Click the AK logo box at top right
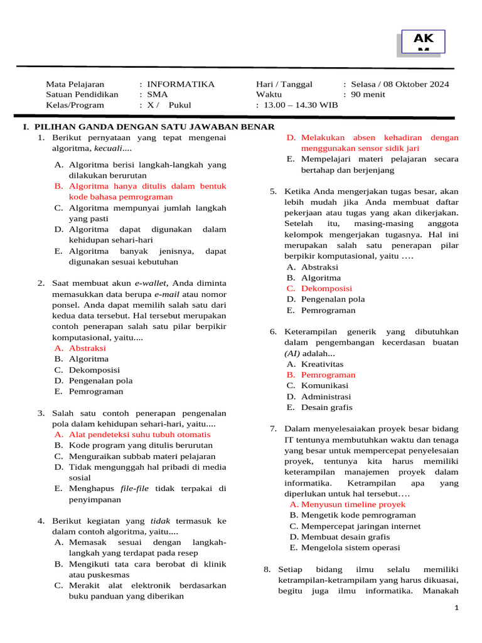pyautogui.click(x=423, y=41)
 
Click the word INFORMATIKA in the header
pyautogui.click(x=181, y=84)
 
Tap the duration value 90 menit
pyautogui.click(x=368, y=95)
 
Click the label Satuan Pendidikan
pyautogui.click(x=82, y=95)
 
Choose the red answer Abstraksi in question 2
pyautogui.click(x=87, y=348)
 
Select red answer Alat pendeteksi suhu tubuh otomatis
pyautogui.click(x=139, y=435)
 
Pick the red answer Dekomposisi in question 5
pyautogui.click(x=326, y=288)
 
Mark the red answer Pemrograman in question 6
pyautogui.click(x=328, y=375)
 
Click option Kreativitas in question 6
pyautogui.click(x=322, y=364)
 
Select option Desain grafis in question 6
pyautogui.click(x=326, y=407)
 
